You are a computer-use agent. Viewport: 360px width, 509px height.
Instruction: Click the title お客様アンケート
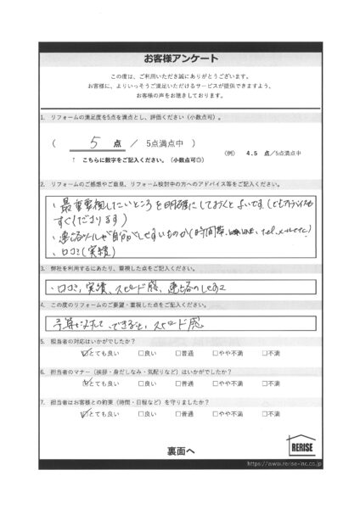tap(180, 59)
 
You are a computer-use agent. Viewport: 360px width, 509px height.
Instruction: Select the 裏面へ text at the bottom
tap(179, 450)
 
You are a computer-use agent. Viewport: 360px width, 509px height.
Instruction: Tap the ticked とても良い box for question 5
tap(84, 353)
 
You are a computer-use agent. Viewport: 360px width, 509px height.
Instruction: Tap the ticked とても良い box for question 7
tap(84, 414)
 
